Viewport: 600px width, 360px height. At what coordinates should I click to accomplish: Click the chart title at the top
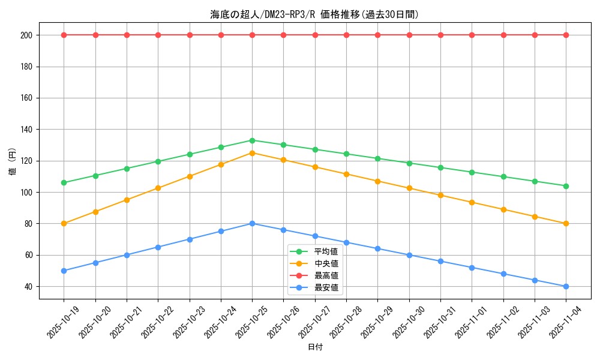(314, 14)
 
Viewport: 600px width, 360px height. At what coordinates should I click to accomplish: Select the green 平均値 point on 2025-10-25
(252, 140)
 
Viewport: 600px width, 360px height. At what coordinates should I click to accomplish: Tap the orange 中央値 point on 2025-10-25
(252, 153)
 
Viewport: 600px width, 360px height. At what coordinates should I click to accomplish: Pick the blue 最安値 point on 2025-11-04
(566, 286)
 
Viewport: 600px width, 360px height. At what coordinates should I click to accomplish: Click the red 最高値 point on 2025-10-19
(64, 35)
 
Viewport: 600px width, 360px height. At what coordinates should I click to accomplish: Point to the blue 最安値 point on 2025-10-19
(64, 271)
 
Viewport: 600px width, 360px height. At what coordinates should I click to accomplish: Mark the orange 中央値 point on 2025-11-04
(566, 224)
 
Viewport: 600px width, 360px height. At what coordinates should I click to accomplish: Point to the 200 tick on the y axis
(26, 35)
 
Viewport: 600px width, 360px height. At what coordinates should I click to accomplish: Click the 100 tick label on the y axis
(26, 192)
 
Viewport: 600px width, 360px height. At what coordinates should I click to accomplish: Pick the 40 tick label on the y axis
(28, 286)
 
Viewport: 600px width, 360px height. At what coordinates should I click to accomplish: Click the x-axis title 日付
(315, 347)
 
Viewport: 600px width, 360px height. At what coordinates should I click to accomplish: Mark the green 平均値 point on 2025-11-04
(566, 186)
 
